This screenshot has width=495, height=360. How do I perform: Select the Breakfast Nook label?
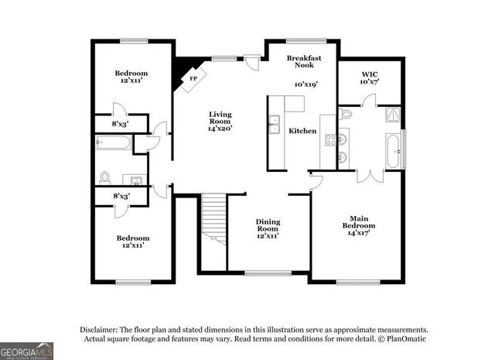303,63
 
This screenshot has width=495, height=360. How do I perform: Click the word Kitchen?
302,131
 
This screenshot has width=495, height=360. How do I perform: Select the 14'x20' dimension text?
220,128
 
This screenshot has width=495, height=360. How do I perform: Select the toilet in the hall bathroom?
106,177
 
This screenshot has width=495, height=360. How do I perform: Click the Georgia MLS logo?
27,350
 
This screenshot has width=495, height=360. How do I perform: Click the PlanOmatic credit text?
401,338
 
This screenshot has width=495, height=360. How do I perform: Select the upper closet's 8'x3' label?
121,123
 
